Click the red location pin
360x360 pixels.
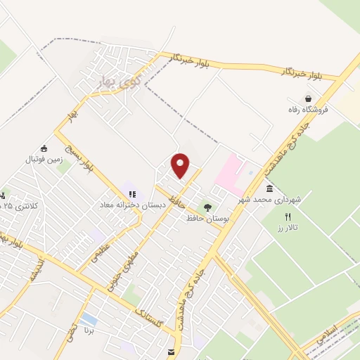tap(181, 165)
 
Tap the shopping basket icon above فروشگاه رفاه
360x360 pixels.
tap(307, 99)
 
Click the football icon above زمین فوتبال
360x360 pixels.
tap(44, 148)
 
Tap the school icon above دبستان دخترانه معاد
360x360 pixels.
tap(131, 193)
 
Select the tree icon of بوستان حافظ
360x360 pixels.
tap(207, 207)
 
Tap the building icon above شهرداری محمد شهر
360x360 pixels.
tap(269, 188)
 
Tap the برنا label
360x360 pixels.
tap(89, 329)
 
